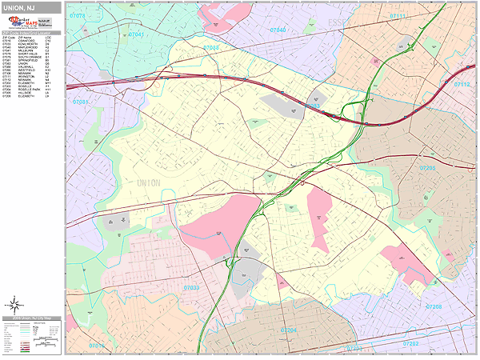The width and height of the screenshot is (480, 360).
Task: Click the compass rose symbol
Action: click(x=14, y=303)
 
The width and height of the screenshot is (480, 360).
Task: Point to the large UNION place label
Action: click(x=142, y=183)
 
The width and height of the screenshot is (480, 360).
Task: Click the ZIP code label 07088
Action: click(x=211, y=48)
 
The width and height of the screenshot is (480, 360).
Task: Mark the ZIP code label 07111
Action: click(x=397, y=16)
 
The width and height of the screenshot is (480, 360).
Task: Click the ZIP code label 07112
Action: click(x=462, y=84)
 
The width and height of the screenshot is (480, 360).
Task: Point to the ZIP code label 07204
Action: click(x=288, y=330)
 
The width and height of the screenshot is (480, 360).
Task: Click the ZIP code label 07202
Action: click(x=410, y=343)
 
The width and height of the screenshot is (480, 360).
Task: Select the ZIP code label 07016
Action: click(x=96, y=346)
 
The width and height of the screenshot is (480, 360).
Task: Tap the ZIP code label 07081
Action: click(x=80, y=102)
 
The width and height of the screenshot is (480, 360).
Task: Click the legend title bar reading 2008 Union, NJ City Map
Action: click(x=33, y=319)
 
